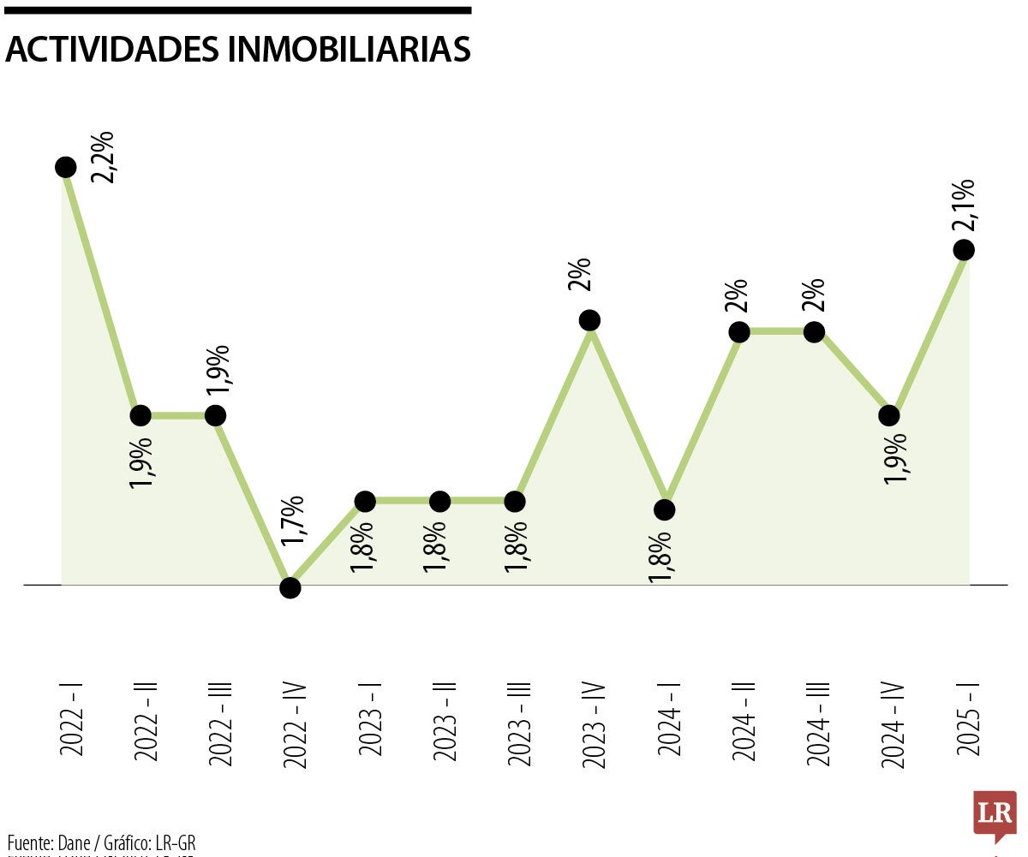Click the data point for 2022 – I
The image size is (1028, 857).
tap(66, 167)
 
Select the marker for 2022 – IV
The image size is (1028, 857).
tap(290, 587)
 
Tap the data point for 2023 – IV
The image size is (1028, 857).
tap(589, 320)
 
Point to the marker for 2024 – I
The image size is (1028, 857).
tap(664, 509)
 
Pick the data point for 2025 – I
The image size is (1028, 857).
tap(964, 249)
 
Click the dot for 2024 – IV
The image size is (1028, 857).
tap(889, 415)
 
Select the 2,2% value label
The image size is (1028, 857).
tap(105, 157)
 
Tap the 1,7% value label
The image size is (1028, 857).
tap(293, 521)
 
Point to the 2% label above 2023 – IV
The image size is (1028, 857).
tap(580, 275)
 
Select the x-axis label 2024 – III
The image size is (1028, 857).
tap(820, 719)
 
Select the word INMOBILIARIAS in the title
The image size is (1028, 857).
tap(350, 50)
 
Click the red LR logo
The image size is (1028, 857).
tap(995, 814)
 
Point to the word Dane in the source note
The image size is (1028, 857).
tap(73, 842)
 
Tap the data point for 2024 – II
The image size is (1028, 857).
tap(739, 331)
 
